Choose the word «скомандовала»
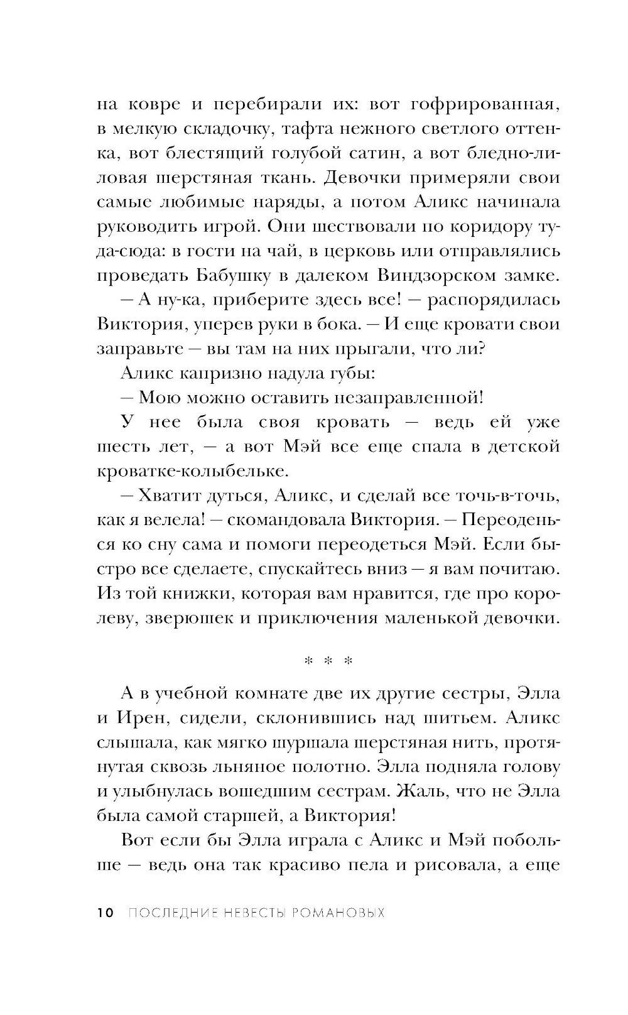pos(286,520)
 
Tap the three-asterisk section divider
pos(328,661)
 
